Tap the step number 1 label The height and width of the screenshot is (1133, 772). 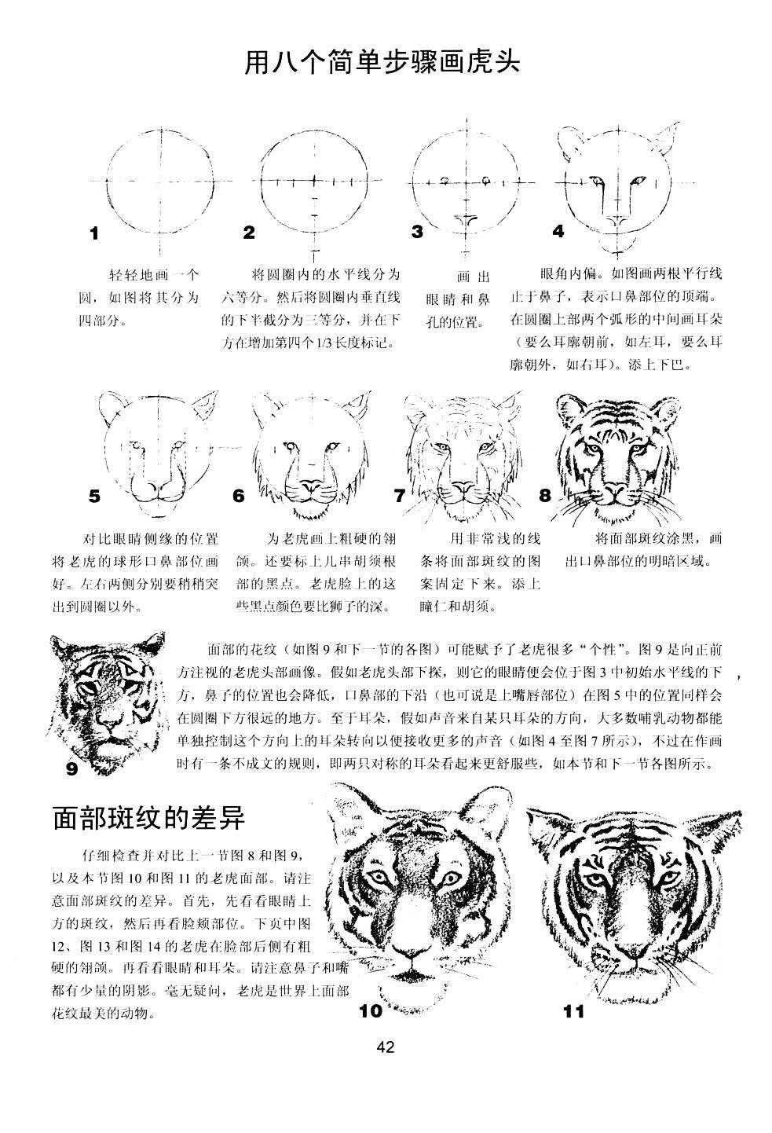95,233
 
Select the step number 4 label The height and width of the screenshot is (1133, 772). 558,231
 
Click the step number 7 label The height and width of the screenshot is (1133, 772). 399,496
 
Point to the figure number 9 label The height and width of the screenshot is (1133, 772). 72,768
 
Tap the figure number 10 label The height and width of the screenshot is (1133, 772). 370,1011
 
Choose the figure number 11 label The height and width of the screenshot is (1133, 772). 574,1011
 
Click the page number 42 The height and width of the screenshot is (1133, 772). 385,1047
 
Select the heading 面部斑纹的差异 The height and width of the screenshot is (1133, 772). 149,818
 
